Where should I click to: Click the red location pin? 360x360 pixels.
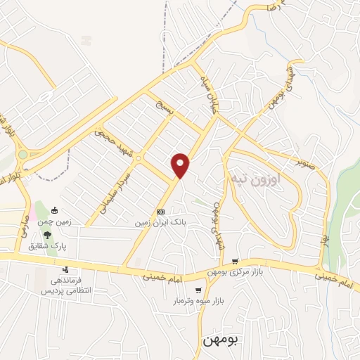tap(181, 166)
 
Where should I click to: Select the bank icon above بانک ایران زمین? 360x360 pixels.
tap(160, 212)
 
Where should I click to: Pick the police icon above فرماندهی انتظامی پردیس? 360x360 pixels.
tap(66, 269)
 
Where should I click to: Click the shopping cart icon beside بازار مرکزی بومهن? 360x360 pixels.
tap(235, 261)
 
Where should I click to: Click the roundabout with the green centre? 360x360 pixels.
tap(22, 154)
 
